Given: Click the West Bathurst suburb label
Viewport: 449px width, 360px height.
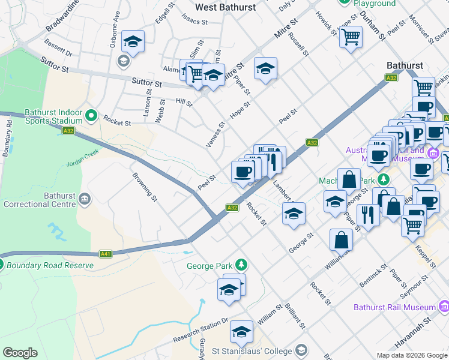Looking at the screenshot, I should coord(225,7).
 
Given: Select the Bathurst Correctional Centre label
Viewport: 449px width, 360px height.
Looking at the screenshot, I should coord(39,200).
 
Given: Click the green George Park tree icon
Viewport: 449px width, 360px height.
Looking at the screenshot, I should coord(241,265).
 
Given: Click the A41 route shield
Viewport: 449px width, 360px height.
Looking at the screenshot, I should coord(106,254).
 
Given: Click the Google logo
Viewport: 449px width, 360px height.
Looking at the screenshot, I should coord(20,353).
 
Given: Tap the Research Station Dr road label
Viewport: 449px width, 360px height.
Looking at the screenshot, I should coord(202,330).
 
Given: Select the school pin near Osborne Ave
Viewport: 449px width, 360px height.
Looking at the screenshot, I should coord(133,42).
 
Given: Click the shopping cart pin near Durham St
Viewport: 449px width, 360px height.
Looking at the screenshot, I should coord(351,37).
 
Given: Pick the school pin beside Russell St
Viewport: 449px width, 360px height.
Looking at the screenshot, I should coord(265,69).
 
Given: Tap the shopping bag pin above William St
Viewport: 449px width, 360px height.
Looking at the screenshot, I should coord(341,239).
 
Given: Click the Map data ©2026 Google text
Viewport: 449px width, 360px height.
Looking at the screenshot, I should coord(411,355).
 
